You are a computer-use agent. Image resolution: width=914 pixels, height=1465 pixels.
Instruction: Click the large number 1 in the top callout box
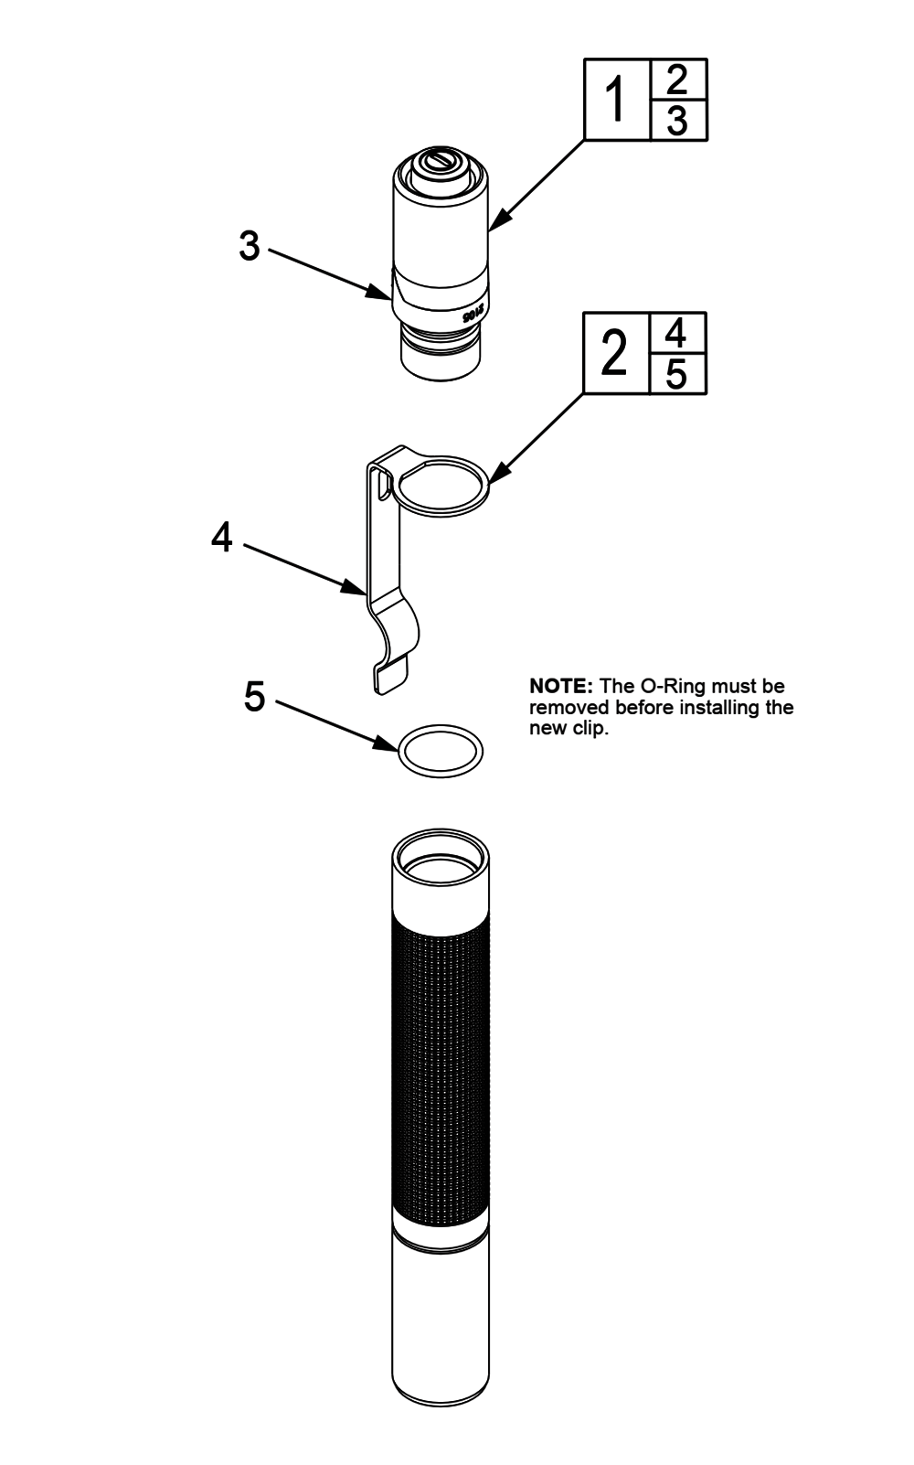[617, 101]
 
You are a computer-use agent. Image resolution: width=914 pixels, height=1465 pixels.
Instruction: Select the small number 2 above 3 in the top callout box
[677, 80]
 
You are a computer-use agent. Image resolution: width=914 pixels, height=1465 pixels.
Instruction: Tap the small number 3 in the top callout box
[677, 121]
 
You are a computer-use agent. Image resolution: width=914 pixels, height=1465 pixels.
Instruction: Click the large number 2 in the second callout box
[616, 355]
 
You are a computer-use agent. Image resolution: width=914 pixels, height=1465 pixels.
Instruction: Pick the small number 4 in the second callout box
[677, 333]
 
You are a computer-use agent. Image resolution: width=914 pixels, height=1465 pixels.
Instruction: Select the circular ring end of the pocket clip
[443, 485]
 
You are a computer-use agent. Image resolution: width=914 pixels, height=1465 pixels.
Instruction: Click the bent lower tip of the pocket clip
[388, 676]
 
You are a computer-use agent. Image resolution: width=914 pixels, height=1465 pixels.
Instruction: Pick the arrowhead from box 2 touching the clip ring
[495, 476]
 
